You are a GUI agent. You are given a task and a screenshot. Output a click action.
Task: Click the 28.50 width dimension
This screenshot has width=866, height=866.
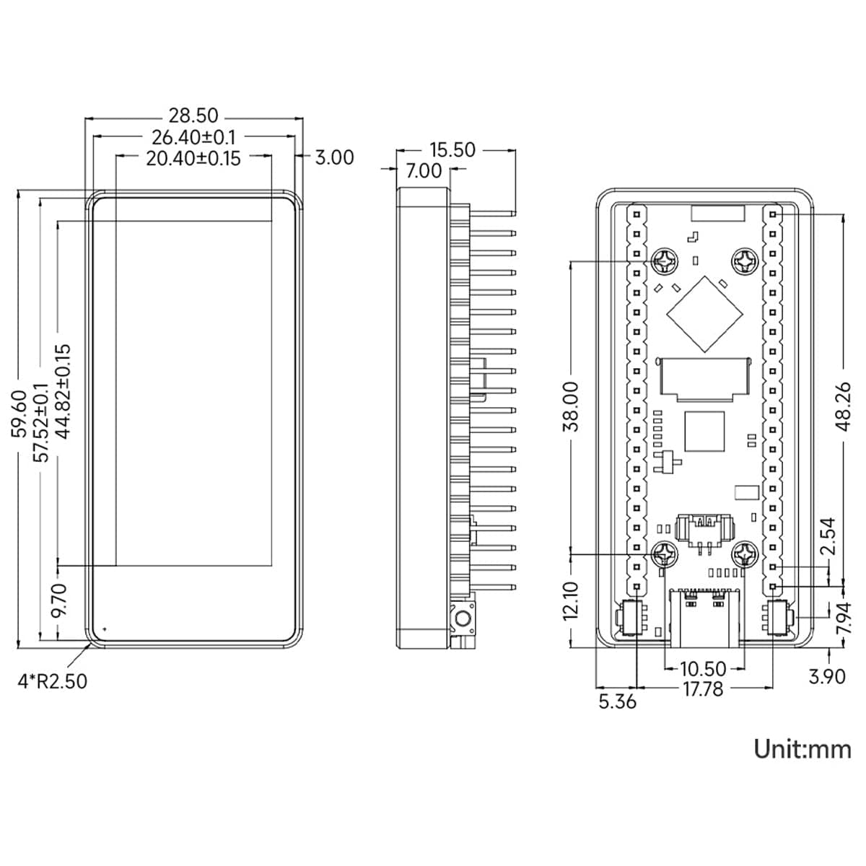pyautogui.click(x=193, y=116)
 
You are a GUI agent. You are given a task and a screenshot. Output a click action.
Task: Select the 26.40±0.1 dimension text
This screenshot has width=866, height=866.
pyautogui.click(x=193, y=137)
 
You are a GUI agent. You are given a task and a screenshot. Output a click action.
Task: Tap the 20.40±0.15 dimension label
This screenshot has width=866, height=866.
pyautogui.click(x=193, y=159)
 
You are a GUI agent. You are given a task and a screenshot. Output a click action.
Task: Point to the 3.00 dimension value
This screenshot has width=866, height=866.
pyautogui.click(x=334, y=158)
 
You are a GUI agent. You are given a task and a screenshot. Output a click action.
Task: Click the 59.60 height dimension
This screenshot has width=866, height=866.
pyautogui.click(x=19, y=414)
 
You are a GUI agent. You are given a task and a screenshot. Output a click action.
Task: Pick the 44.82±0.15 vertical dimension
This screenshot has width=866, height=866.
pyautogui.click(x=63, y=391)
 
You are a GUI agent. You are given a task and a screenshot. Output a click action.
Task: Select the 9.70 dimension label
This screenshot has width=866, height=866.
pyautogui.click(x=59, y=601)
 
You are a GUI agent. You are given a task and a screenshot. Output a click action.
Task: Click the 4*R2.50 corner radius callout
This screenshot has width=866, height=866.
pyautogui.click(x=52, y=681)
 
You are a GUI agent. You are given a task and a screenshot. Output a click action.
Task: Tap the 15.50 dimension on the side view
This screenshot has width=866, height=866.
pyautogui.click(x=452, y=150)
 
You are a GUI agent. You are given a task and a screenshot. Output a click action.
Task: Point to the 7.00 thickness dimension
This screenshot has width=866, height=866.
pyautogui.click(x=424, y=171)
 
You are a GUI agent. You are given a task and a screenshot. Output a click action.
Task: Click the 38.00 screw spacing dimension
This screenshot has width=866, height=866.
pyautogui.click(x=571, y=406)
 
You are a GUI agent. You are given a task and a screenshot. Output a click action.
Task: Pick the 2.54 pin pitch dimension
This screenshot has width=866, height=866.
pyautogui.click(x=827, y=536)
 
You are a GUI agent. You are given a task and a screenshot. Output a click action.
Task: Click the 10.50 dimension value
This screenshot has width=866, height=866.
pyautogui.click(x=704, y=669)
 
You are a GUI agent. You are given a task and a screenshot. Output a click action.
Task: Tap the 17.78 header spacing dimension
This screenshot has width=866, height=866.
pyautogui.click(x=704, y=689)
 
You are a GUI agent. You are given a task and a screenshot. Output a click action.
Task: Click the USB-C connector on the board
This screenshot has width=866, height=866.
pyautogui.click(x=704, y=618)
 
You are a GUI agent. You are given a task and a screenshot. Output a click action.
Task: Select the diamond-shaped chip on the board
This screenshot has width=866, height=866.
pyautogui.click(x=704, y=314)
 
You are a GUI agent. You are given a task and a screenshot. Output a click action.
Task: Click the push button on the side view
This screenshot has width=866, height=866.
pyautogui.click(x=463, y=619)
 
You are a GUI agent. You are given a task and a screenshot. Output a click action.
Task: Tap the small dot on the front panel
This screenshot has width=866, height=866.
pyautogui.click(x=105, y=629)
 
